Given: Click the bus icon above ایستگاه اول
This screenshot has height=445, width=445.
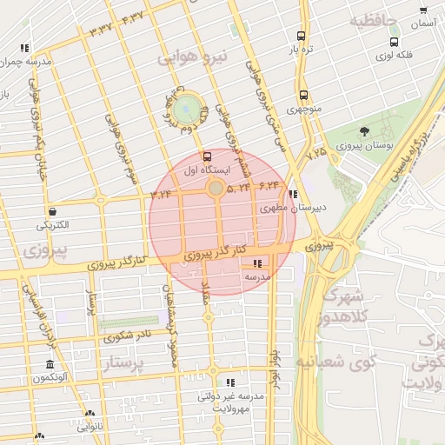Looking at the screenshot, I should [206, 156].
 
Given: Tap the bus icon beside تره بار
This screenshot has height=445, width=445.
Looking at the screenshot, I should [301, 37].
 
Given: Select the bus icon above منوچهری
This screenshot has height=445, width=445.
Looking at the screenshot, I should [303, 95].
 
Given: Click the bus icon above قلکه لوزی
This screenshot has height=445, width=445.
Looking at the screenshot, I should [395, 42].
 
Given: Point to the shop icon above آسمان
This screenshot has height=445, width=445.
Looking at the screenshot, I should [423, 11].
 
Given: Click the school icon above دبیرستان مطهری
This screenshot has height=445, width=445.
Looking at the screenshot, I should [293, 194].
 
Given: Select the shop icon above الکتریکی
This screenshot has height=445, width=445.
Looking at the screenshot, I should [53, 210].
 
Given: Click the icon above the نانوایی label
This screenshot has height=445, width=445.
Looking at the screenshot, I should [90, 414].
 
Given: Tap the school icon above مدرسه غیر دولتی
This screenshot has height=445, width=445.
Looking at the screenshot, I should [230, 382].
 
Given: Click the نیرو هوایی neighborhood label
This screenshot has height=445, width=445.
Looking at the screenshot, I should [192, 58].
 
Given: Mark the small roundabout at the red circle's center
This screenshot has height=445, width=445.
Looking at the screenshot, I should [215, 188].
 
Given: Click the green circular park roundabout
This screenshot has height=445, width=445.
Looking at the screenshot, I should [185, 109].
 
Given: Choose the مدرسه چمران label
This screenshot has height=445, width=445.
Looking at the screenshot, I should [25, 63].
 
